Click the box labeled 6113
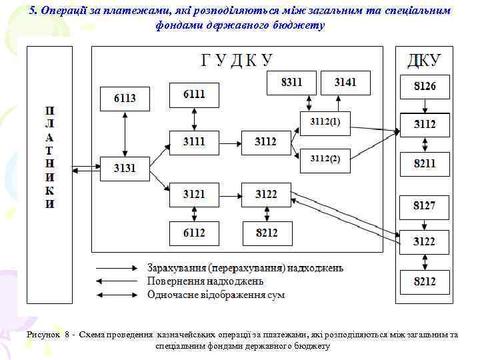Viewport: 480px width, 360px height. point(125,99)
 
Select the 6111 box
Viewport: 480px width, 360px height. point(194,95)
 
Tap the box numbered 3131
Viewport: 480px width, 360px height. point(125,168)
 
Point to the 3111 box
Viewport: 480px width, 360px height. point(194,141)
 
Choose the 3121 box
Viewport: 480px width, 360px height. point(194,194)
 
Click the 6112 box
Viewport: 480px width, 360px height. point(194,233)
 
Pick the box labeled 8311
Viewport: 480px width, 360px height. point(291,83)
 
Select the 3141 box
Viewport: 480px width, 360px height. point(345,83)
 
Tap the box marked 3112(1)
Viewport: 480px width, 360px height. point(325,122)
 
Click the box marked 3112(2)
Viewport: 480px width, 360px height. point(325,159)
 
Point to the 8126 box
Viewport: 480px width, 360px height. point(425,87)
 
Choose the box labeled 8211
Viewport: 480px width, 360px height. point(425,163)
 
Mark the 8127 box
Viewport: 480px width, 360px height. point(425,206)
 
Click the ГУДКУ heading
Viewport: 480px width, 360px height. point(237,60)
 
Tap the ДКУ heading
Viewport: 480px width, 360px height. point(424,61)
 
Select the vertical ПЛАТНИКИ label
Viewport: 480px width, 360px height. point(50,157)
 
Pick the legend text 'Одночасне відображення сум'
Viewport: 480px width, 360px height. point(215,294)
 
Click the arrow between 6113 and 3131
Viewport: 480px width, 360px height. point(125,133)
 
